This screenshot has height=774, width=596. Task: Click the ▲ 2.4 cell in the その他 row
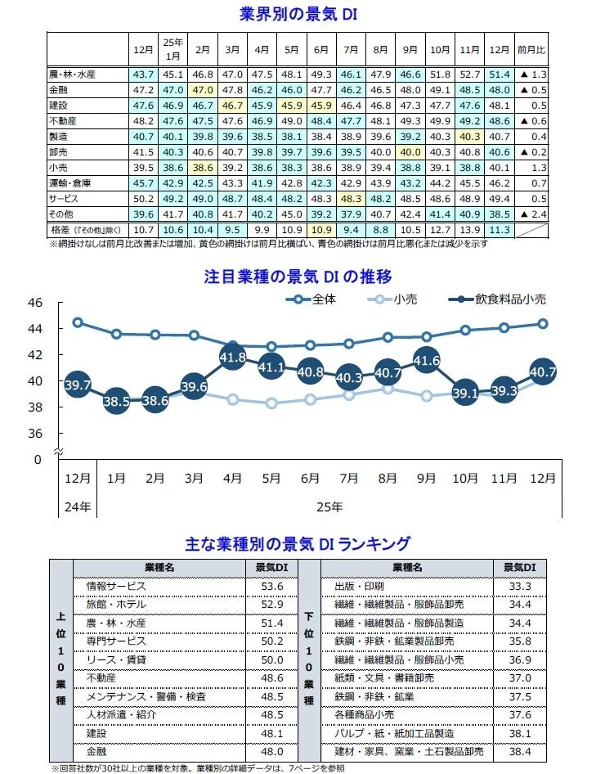click(x=532, y=214)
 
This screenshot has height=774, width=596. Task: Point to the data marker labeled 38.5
click(x=117, y=400)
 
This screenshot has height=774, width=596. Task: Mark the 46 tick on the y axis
click(x=34, y=303)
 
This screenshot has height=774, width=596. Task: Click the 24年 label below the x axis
click(x=78, y=506)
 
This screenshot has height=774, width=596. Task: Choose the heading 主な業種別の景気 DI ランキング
click(x=298, y=543)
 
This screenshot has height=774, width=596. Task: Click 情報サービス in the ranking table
click(x=116, y=586)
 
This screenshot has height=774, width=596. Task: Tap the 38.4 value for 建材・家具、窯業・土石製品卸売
click(x=520, y=750)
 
